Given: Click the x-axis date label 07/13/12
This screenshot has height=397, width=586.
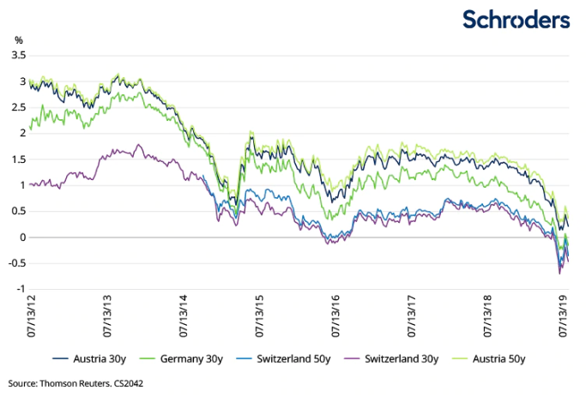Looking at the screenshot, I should pos(31,315).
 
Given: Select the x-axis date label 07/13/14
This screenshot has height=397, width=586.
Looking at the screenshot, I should pos(183,315).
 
